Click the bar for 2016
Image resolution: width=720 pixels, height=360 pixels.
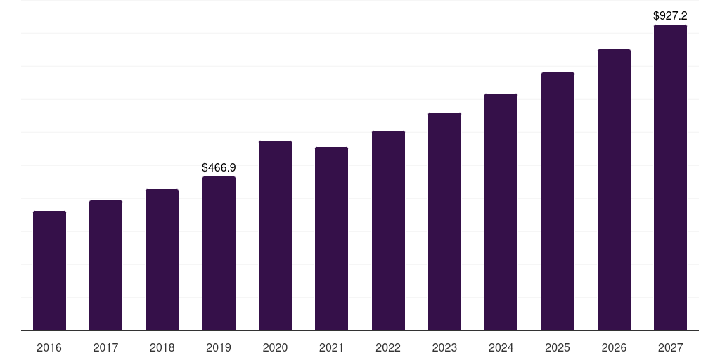pyautogui.click(x=49, y=271)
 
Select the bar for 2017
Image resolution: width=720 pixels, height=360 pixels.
pyautogui.click(x=105, y=266)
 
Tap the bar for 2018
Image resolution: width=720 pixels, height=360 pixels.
pyautogui.click(x=162, y=260)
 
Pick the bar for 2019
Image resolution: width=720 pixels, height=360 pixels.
pyautogui.click(x=219, y=254)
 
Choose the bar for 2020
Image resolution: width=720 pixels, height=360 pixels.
pyautogui.click(x=275, y=236)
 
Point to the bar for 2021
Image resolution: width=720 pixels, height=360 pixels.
pyautogui.click(x=331, y=239)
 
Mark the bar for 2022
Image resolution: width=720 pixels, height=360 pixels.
pyautogui.click(x=388, y=231)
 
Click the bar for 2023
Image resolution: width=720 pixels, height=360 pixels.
pyautogui.click(x=444, y=221)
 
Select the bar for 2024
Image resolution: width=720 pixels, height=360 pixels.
pyautogui.click(x=501, y=212)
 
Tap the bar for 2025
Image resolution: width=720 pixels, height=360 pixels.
pyautogui.click(x=558, y=202)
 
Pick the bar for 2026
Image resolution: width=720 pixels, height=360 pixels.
pyautogui.click(x=614, y=190)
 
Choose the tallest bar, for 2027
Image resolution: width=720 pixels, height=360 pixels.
pyautogui.click(x=670, y=178)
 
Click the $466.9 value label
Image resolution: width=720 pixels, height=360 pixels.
pyautogui.click(x=219, y=167)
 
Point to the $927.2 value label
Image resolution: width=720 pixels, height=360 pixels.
pyautogui.click(x=670, y=15)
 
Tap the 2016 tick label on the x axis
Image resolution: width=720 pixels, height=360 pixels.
pyautogui.click(x=49, y=348)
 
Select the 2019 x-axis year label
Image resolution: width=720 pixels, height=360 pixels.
pyautogui.click(x=219, y=348)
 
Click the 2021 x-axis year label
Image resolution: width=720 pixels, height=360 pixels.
pyautogui.click(x=331, y=348)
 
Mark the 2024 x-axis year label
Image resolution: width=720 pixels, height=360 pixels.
pyautogui.click(x=501, y=348)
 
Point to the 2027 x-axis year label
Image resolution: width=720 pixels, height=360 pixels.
pyautogui.click(x=670, y=348)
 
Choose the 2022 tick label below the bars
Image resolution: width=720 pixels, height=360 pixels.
pyautogui.click(x=388, y=348)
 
